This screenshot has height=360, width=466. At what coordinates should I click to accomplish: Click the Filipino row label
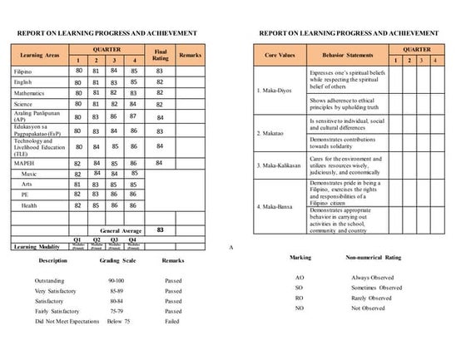(23, 72)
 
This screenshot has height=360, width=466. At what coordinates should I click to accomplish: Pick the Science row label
(24, 105)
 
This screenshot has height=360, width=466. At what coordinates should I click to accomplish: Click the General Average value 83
(160, 229)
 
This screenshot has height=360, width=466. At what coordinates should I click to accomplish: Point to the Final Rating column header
(160, 54)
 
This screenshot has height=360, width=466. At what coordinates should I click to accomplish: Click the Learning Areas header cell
(37, 55)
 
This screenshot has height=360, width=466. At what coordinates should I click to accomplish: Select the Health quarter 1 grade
(77, 205)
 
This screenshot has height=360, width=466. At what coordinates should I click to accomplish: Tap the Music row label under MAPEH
(30, 173)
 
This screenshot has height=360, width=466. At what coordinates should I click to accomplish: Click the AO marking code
(299, 277)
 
